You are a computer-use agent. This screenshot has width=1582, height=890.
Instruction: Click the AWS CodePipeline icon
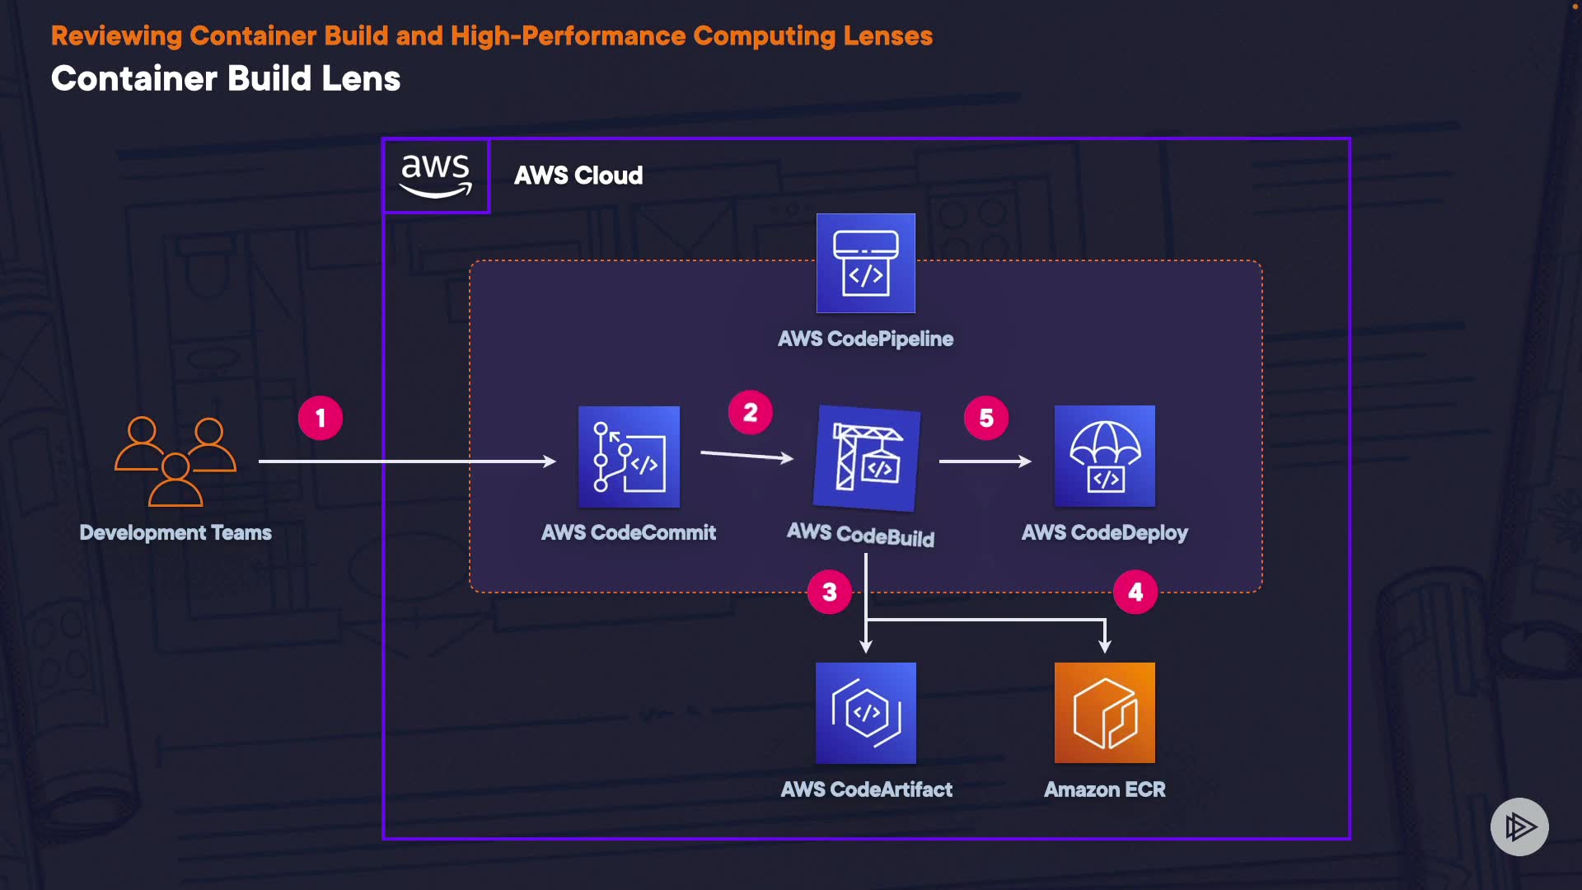pyautogui.click(x=865, y=264)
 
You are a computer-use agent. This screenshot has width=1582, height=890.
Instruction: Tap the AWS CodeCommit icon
pyautogui.click(x=629, y=457)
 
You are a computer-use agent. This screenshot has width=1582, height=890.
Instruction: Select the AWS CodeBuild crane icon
pyautogui.click(x=866, y=459)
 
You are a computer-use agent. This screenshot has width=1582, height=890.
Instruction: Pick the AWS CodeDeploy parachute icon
pyautogui.click(x=1104, y=456)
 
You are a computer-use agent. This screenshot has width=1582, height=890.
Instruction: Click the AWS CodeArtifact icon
pyautogui.click(x=865, y=713)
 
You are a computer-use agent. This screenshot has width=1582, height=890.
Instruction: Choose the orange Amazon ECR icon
pyautogui.click(x=1104, y=713)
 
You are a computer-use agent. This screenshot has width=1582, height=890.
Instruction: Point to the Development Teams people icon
pyautogui.click(x=176, y=461)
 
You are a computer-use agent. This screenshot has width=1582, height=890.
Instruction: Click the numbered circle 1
pyautogui.click(x=321, y=419)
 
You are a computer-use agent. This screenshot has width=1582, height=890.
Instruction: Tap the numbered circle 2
pyautogui.click(x=750, y=413)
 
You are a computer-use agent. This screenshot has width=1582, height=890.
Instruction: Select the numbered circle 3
pyautogui.click(x=830, y=592)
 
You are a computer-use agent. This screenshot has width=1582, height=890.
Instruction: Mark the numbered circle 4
pyautogui.click(x=1135, y=592)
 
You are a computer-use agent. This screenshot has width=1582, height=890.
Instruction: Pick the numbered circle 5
pyautogui.click(x=986, y=419)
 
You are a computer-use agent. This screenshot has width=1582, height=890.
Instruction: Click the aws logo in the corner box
pyautogui.click(x=436, y=176)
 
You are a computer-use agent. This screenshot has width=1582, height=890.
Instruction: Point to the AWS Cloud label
pyautogui.click(x=578, y=176)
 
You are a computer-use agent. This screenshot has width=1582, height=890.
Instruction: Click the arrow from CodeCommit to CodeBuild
pyautogui.click(x=747, y=455)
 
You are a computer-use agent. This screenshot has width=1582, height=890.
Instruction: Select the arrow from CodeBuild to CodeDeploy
pyautogui.click(x=985, y=461)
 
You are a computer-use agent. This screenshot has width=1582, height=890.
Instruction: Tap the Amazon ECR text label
pyautogui.click(x=1104, y=789)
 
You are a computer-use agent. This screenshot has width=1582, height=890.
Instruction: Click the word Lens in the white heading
pyautogui.click(x=361, y=79)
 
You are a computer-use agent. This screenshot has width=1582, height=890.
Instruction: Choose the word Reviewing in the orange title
pyautogui.click(x=116, y=36)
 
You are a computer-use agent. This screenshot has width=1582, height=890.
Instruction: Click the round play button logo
pyautogui.click(x=1519, y=827)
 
